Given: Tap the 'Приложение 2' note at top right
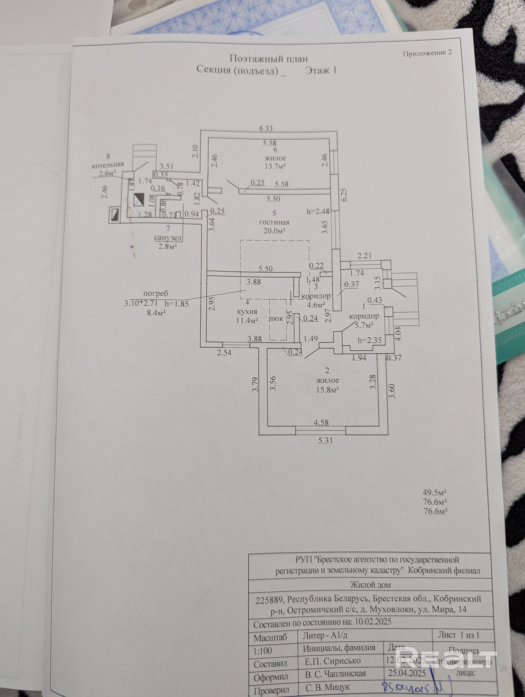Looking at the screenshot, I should tap(427, 53).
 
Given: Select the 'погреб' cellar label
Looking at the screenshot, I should tap(156, 293).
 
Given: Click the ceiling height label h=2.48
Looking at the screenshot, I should tap(318, 212).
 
